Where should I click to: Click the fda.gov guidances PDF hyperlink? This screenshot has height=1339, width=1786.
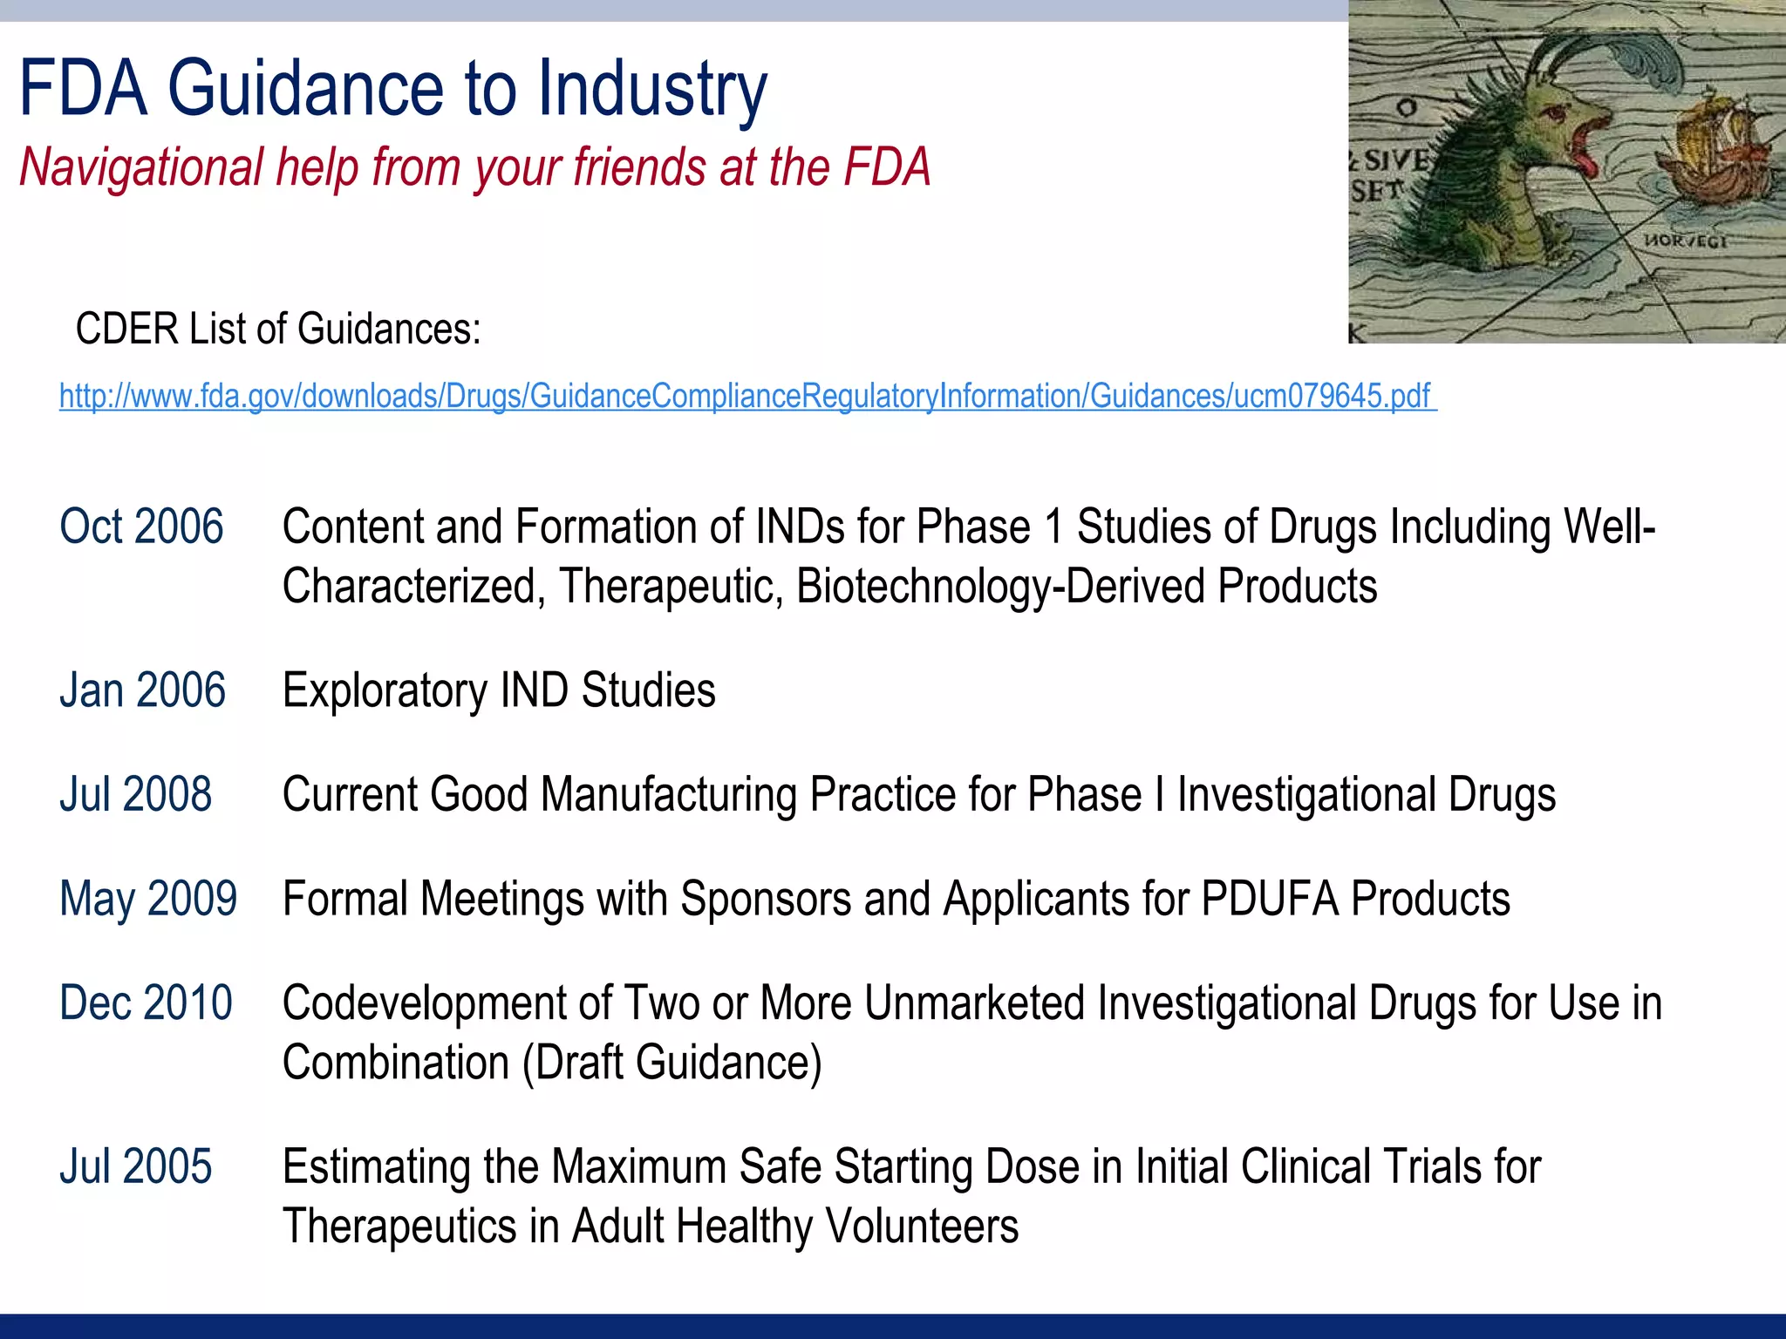pos(746,397)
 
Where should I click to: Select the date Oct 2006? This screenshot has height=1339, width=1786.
pos(141,527)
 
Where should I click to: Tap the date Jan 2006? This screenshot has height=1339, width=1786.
pos(142,690)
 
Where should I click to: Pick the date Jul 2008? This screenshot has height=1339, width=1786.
pos(135,794)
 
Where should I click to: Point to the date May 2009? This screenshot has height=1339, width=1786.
pos(147,899)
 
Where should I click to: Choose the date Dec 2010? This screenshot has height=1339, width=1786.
pos(146,1003)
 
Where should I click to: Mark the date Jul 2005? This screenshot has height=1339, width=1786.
pos(135,1166)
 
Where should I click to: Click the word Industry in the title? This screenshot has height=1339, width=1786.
pos(651,89)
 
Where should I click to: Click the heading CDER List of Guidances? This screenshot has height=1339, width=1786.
pos(278,330)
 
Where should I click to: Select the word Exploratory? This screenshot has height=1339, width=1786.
pos(384,690)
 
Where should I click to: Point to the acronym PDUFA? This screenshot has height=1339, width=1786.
pos(1269,899)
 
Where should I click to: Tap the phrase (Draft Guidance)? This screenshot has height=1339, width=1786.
pos(671,1063)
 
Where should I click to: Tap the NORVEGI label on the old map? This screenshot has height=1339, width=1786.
pos(1685,241)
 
